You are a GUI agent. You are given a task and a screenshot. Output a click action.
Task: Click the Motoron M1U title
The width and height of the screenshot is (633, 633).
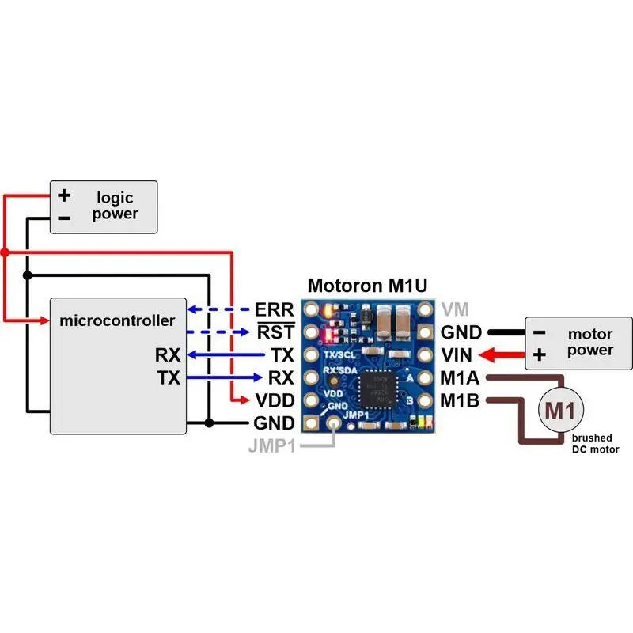coord(367,286)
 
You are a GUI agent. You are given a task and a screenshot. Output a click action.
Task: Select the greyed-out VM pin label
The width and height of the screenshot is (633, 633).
coord(455,309)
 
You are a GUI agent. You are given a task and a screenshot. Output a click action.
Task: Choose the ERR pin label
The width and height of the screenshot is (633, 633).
coord(275,309)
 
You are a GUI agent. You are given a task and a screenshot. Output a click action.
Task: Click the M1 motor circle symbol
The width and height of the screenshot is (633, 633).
coord(562,410)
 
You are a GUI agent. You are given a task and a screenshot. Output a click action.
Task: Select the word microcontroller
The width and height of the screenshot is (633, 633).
coord(117,320)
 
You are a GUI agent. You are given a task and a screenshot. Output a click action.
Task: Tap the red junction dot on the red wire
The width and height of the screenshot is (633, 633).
coord(5,252)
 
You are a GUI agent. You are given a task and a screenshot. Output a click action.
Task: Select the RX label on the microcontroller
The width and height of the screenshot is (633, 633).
coord(168,354)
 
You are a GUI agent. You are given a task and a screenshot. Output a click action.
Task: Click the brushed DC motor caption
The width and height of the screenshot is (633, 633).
coord(594,443)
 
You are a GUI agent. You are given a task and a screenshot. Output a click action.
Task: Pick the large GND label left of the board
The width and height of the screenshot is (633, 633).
coord(274,423)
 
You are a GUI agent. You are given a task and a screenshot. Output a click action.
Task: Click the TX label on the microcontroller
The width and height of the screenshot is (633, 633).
coord(168,377)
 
